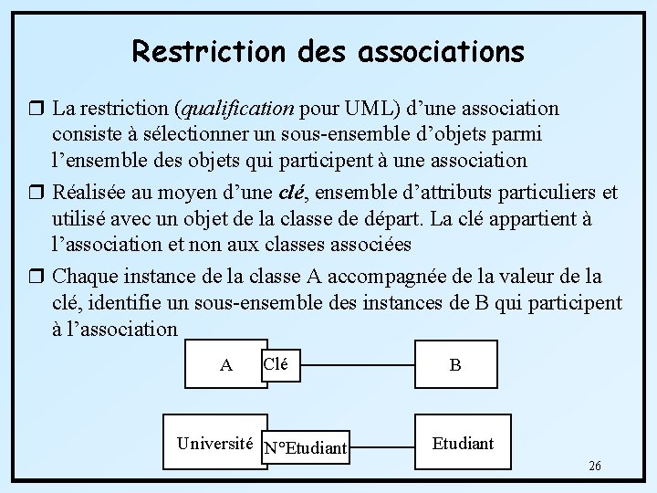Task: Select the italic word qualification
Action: coord(237,110)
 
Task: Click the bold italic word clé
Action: coord(289,193)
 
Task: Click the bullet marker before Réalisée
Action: coord(37,193)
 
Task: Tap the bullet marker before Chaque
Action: coord(37,276)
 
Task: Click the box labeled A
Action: coord(226,365)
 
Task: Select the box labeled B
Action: coord(455,365)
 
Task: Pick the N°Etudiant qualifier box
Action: coord(305,447)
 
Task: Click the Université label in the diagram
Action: coord(214,444)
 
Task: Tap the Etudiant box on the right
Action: coord(463,444)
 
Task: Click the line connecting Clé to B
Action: coord(359,364)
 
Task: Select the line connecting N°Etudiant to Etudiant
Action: coord(384,447)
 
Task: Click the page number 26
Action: coord(594,467)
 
